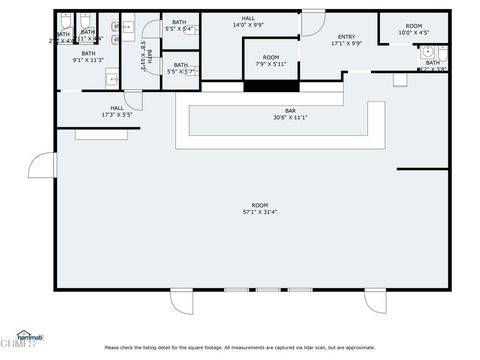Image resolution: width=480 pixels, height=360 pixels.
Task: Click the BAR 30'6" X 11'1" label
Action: pos(290,115)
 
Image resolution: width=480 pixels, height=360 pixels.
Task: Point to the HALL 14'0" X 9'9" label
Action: pos(248,21)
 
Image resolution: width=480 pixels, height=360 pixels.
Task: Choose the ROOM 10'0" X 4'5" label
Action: pos(413,29)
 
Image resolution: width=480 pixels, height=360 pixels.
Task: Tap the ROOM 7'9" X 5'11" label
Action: pos(271,60)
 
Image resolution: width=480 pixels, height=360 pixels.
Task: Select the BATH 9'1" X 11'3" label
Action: pos(88,56)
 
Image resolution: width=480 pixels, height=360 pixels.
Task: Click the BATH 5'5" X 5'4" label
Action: pos(180,25)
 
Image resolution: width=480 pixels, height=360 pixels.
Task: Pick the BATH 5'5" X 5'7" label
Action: pos(180,69)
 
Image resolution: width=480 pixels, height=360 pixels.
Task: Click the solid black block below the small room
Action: pos(270,86)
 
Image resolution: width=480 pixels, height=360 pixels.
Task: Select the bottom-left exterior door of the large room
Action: pos(182,300)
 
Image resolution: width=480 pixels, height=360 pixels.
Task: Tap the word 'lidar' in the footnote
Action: pos(312,347)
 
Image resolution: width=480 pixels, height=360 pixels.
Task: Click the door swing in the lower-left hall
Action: pos(133,100)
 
